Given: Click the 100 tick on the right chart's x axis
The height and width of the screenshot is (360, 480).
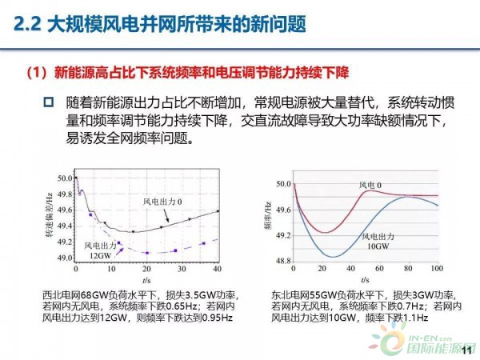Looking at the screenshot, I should pos(436,267).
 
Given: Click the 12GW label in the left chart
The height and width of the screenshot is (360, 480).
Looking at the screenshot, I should pos(99,254).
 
